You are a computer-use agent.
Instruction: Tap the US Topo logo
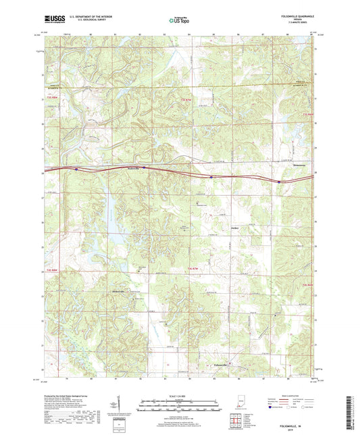pos(179,21)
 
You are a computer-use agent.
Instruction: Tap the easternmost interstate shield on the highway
pos(278,181)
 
